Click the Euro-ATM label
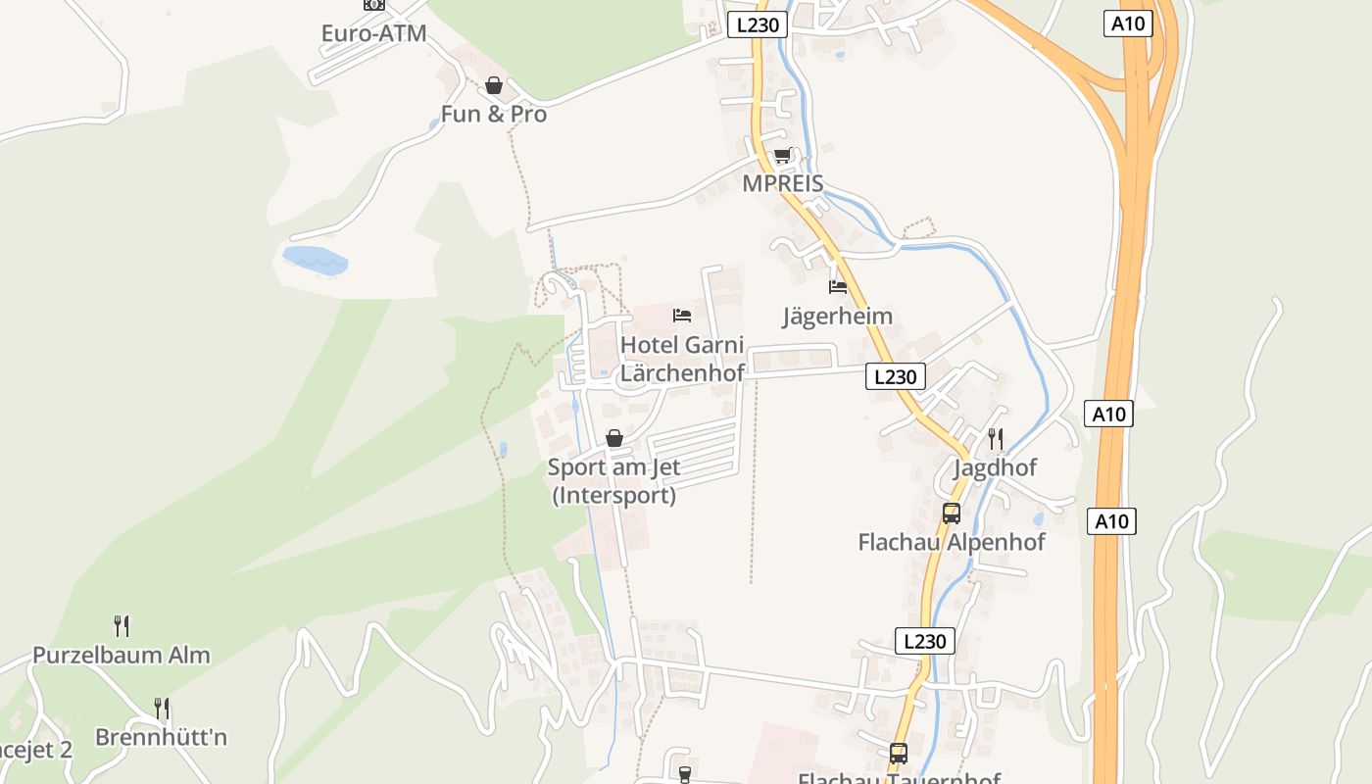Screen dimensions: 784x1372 373,33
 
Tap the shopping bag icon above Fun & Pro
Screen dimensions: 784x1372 494,86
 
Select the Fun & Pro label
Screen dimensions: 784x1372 493,114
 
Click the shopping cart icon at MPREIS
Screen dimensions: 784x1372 782,156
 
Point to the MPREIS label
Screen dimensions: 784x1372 782,183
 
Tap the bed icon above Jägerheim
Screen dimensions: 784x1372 838,287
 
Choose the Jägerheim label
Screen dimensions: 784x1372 837,316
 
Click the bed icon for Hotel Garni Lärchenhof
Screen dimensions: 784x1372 682,316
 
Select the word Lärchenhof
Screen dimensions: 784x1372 681,372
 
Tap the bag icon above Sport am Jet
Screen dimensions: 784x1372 614,438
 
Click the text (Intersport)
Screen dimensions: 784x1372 613,495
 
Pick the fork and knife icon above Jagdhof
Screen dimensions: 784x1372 996,438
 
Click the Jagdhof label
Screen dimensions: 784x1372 995,467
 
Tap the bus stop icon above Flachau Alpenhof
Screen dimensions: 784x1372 951,513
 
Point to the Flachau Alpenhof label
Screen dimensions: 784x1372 951,542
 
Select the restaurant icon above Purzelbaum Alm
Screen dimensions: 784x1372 122,625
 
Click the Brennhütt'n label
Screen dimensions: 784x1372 161,737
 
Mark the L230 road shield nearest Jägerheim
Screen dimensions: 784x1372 895,376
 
